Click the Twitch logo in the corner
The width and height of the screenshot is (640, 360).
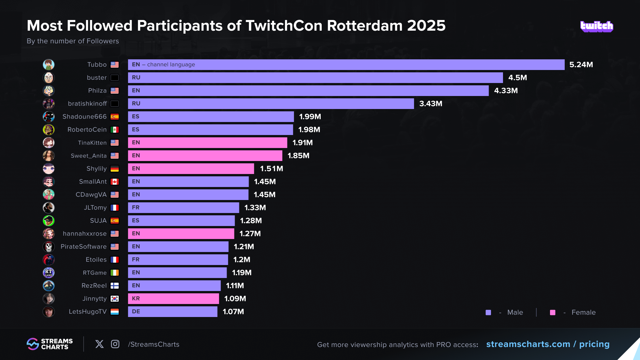click(597, 26)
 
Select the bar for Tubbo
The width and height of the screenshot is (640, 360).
click(346, 65)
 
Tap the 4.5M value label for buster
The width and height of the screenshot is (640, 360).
click(517, 78)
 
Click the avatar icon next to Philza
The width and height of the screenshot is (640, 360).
click(49, 91)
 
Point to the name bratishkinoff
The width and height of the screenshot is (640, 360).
click(87, 104)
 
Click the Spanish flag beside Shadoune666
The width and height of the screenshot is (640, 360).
click(115, 117)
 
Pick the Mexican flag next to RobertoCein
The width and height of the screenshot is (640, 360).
click(115, 130)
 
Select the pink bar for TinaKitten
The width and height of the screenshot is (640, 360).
click(207, 143)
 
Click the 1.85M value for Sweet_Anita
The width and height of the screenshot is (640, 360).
click(298, 156)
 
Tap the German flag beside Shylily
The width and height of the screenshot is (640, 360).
click(115, 169)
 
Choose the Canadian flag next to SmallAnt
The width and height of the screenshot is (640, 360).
click(115, 182)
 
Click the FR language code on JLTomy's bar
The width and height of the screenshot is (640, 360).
click(136, 208)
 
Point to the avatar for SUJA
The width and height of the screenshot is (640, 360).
click(49, 221)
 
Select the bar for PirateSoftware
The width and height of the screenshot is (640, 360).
click(178, 247)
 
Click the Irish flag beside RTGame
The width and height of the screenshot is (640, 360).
click(115, 273)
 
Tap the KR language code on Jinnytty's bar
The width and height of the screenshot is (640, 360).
click(136, 299)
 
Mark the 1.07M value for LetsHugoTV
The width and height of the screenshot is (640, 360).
click(233, 312)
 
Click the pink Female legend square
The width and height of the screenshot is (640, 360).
click(553, 312)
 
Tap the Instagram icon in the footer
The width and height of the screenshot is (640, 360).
click(115, 344)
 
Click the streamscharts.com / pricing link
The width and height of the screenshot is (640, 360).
click(548, 344)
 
